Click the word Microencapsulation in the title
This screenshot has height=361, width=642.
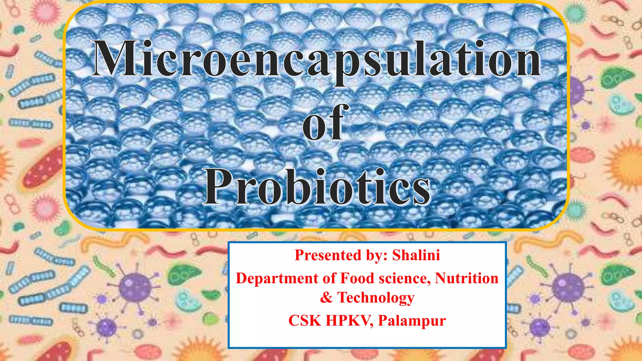pyautogui.click(x=316, y=60)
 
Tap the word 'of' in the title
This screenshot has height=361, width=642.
pyautogui.click(x=325, y=123)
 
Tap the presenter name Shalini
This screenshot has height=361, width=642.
pyautogui.click(x=416, y=255)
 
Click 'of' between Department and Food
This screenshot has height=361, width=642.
pyautogui.click(x=329, y=278)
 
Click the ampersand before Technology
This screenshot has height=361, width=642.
pyautogui.click(x=326, y=297)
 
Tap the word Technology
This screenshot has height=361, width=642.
pyautogui.click(x=376, y=297)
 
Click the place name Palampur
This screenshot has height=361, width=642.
pyautogui.click(x=412, y=321)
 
